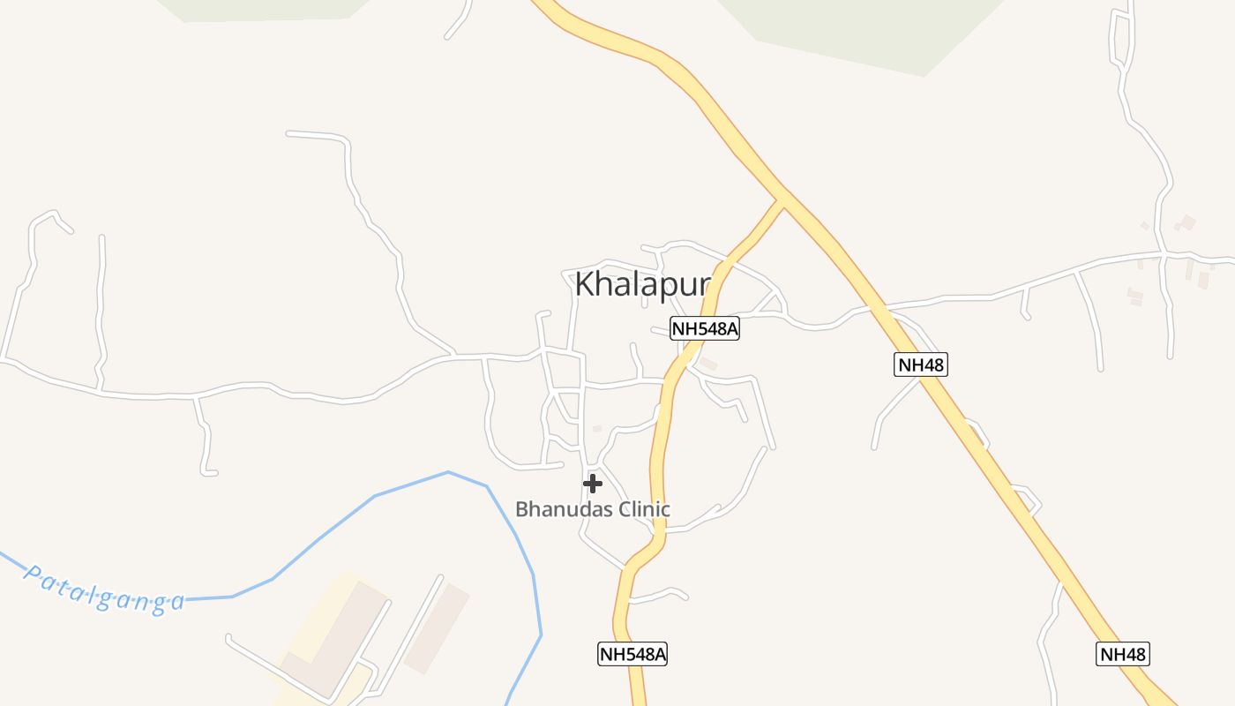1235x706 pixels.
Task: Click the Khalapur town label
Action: coord(642,284)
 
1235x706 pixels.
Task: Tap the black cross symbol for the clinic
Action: coord(593,483)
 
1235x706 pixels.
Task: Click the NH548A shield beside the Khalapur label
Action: coord(704,329)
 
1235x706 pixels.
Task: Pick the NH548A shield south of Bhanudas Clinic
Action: coord(632,654)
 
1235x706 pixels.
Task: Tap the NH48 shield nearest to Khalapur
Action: coord(921,364)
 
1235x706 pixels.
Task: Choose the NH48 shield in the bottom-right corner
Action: coord(1123,654)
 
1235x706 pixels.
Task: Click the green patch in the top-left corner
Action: coord(265,9)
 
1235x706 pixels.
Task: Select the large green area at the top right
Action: coord(864,31)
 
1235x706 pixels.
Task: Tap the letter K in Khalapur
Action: coord(584,284)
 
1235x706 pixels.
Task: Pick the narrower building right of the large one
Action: coord(437,627)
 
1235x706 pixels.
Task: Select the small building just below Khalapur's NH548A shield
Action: coord(707,364)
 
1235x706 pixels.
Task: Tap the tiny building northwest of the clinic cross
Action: coord(597,429)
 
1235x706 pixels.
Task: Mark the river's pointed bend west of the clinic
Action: coord(449,472)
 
